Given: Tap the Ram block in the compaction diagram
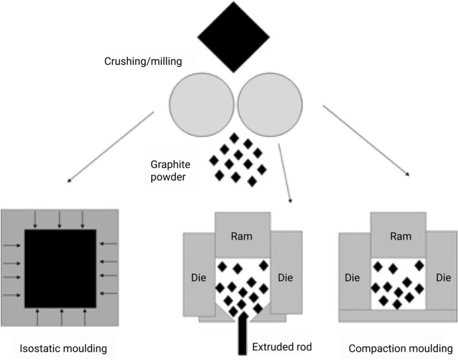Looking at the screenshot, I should pyautogui.click(x=398, y=236).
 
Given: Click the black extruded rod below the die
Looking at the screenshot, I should pyautogui.click(x=242, y=338).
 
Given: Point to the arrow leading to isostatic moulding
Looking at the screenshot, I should pyautogui.click(x=110, y=145).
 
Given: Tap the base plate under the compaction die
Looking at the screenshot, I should pyautogui.click(x=398, y=314).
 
